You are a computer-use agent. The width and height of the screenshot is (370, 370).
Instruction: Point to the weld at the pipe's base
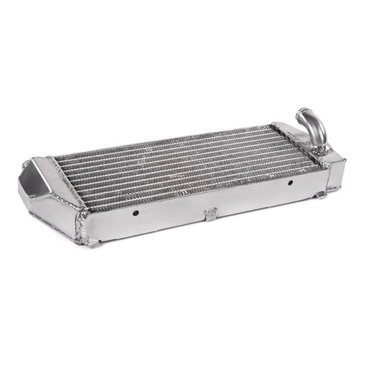[321, 148]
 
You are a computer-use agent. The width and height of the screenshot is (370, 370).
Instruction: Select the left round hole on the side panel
[135, 213]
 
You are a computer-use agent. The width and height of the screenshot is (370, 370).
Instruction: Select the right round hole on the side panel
[290, 183]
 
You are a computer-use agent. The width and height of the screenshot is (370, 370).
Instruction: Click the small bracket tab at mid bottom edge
[210, 214]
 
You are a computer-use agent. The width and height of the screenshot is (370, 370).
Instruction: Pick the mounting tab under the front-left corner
[92, 242]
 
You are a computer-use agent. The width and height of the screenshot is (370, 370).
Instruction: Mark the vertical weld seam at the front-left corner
[80, 225]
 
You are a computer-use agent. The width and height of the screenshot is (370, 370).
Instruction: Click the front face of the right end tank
[336, 173]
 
